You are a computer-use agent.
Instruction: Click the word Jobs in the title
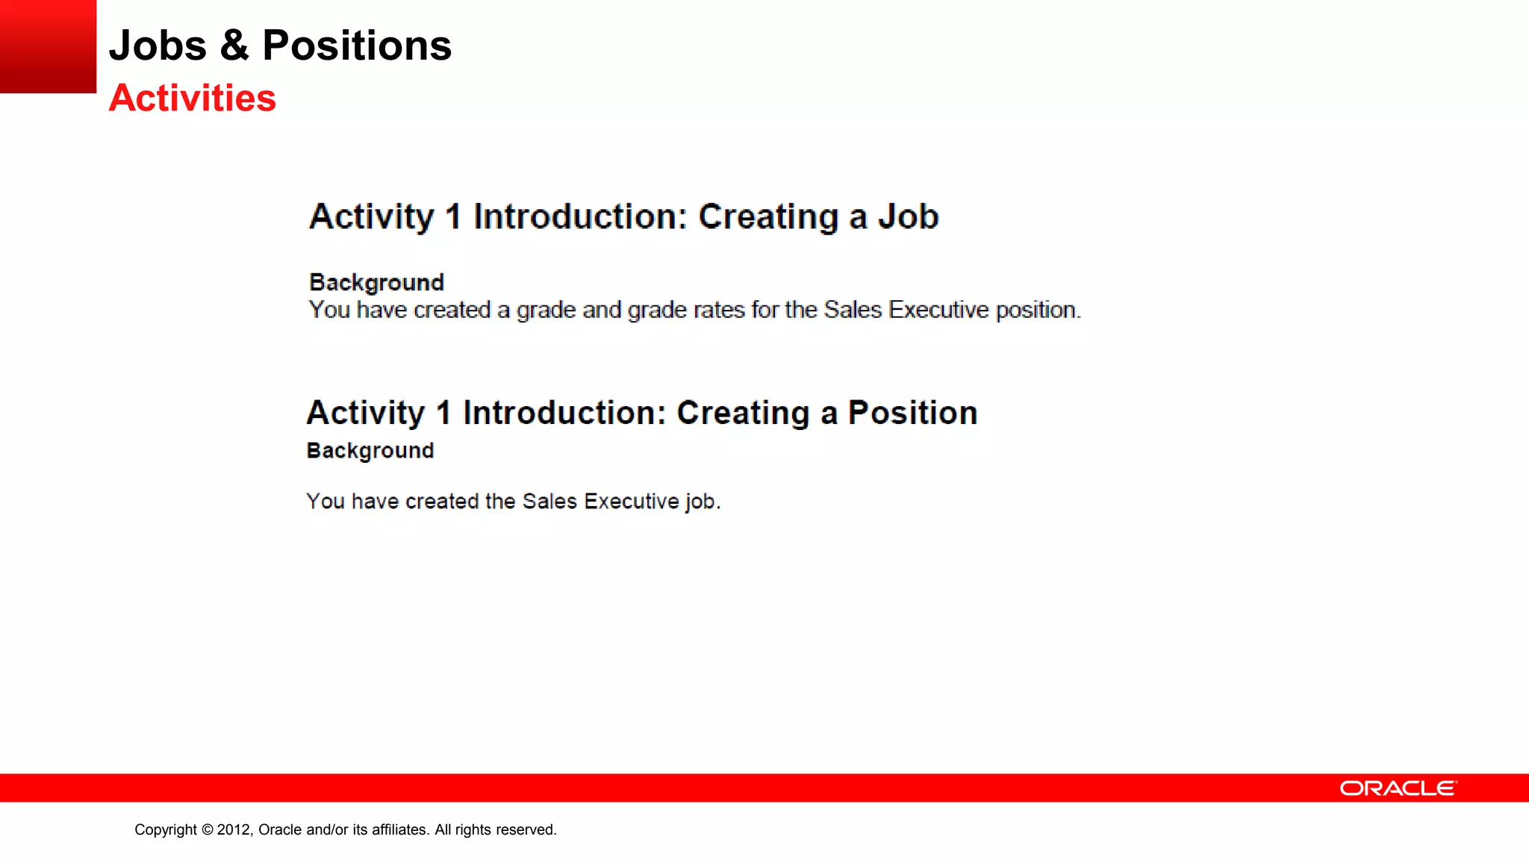tap(158, 46)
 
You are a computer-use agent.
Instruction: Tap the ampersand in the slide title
tap(234, 46)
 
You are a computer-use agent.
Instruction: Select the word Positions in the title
tap(357, 46)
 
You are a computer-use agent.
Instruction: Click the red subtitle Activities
tap(193, 99)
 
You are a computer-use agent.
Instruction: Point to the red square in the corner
tap(48, 46)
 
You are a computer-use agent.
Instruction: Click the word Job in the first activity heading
tap(908, 217)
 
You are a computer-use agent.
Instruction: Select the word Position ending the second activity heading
tap(912, 413)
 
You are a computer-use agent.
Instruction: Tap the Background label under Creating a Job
tap(376, 283)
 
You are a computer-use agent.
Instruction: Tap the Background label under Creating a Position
tap(370, 451)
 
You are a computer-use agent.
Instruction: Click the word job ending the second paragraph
tap(702, 502)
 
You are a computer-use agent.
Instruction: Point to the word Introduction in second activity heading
tap(564, 413)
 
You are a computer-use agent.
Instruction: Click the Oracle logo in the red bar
tap(1398, 788)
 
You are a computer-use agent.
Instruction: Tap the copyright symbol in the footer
tap(208, 830)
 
